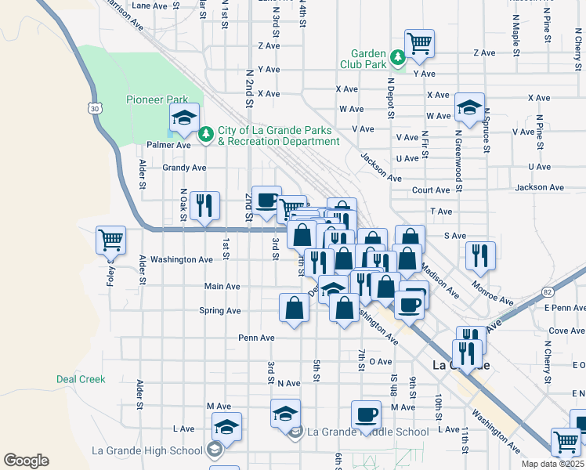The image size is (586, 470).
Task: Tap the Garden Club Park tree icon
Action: [398, 56]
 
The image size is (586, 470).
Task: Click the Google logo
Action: [26, 461]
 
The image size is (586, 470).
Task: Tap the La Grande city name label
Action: [461, 365]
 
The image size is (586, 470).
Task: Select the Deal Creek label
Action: [81, 379]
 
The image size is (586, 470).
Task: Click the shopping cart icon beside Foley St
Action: [110, 240]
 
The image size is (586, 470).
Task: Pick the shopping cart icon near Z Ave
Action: [420, 43]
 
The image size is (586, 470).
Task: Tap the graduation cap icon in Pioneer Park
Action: [184, 118]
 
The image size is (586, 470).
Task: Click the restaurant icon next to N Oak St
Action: [204, 206]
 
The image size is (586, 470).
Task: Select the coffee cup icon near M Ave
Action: [366, 414]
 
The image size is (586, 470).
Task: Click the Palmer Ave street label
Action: [168, 145]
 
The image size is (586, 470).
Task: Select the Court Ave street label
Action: [432, 190]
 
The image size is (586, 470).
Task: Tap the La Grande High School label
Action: [147, 450]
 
